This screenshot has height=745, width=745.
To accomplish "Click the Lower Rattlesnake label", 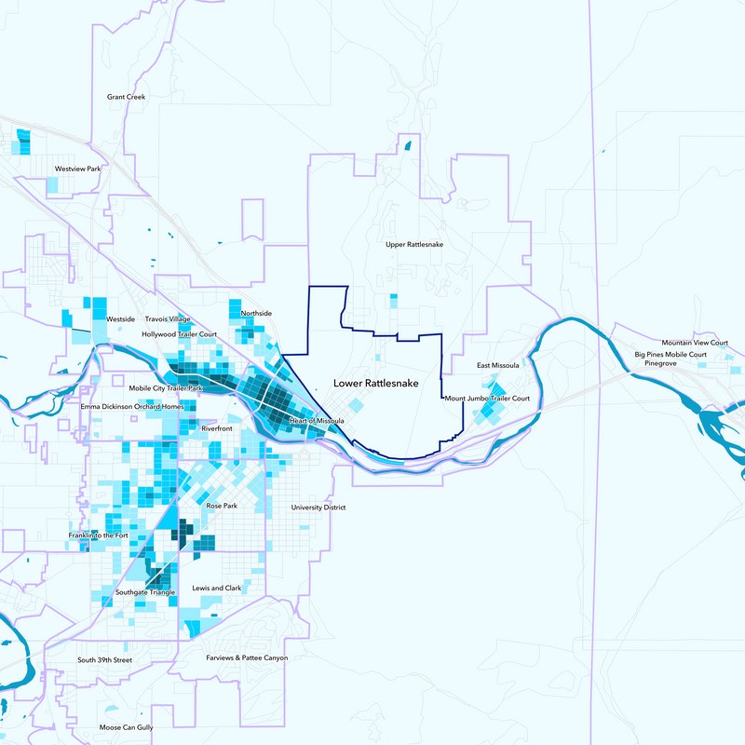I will click(376, 384).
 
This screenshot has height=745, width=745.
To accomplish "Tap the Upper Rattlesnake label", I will click(414, 244).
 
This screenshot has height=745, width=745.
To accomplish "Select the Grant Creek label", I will click(126, 96).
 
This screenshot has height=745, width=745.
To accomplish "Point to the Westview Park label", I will click(76, 169).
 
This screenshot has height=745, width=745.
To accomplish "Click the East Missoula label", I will click(496, 365).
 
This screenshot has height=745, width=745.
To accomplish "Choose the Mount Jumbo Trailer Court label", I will click(487, 399).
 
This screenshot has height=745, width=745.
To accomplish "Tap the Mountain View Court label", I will click(691, 344).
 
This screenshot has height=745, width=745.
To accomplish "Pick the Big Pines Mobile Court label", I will click(670, 355).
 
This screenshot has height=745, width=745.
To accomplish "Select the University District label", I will click(318, 508).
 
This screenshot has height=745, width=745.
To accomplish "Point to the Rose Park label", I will click(222, 506).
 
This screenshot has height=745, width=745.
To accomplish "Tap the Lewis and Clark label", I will click(216, 589).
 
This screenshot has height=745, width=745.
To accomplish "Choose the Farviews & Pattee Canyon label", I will click(247, 657).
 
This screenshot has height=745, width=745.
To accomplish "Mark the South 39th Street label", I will click(104, 660).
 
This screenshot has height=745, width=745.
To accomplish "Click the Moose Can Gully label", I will click(126, 727).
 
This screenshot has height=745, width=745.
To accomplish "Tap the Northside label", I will click(255, 313).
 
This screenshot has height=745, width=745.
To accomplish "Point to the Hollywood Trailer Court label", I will click(179, 333).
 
